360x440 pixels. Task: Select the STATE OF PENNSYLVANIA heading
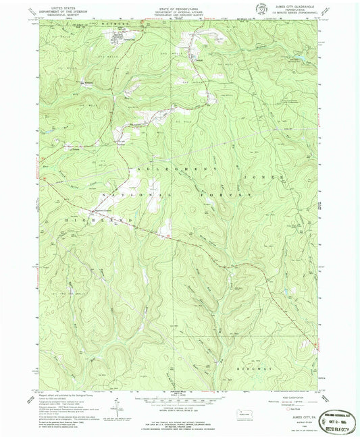point(179,5)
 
